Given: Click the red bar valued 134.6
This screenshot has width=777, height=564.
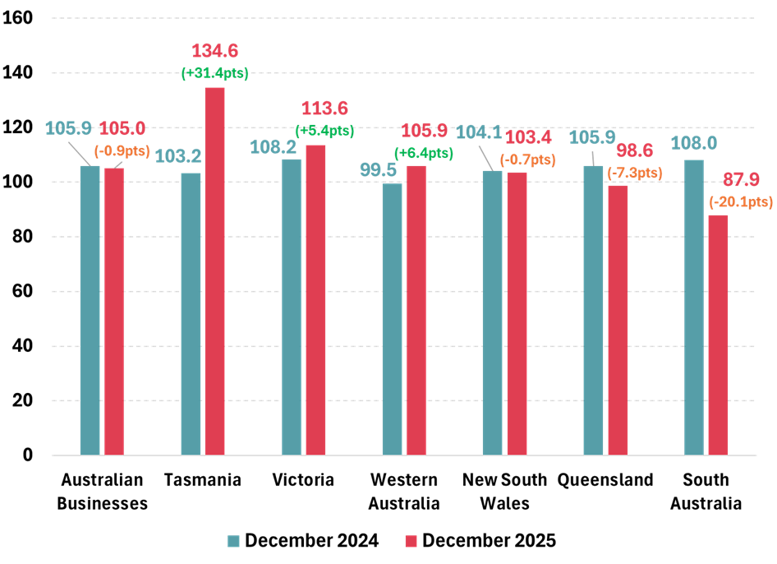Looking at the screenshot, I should click(214, 271).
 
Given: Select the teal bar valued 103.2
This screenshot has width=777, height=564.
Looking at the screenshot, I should click(191, 313).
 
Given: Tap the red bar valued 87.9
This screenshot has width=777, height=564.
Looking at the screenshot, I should click(718, 335).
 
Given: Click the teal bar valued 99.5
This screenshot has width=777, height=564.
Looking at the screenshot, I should click(392, 319).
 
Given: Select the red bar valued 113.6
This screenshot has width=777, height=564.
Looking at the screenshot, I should click(315, 300).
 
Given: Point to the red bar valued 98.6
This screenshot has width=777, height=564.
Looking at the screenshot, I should click(618, 320).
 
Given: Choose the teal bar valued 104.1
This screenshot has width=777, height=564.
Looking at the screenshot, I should click(492, 312).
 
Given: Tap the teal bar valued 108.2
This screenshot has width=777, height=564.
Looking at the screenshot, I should click(292, 307).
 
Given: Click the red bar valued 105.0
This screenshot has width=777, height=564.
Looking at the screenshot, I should click(113, 311).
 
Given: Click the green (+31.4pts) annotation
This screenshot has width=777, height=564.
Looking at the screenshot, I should click(214, 73).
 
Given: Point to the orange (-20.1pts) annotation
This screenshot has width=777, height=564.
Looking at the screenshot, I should click(741, 201).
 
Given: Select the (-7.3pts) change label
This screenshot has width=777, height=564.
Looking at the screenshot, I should click(634, 173).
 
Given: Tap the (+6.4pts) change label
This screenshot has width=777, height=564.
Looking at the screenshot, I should click(424, 153).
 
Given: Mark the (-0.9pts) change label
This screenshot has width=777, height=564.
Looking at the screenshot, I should click(122, 150).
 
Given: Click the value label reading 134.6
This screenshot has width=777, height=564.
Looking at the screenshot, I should click(214, 52).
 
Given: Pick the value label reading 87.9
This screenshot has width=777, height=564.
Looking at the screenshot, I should click(741, 180).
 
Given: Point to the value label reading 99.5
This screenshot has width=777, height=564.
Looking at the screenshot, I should click(378, 170).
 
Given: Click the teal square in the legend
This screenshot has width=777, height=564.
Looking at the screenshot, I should click(234, 541).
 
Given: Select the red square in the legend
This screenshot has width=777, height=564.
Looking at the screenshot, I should click(411, 541).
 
